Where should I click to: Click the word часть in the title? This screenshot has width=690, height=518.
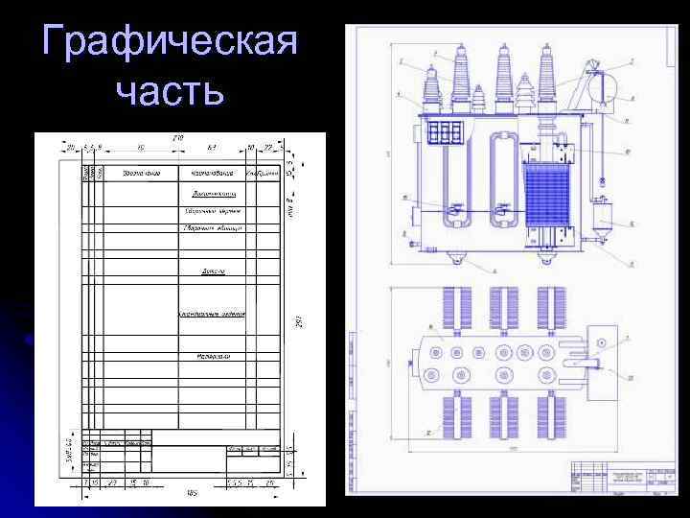click(x=170, y=92)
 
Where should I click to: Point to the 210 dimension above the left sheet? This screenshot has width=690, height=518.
click(x=177, y=137)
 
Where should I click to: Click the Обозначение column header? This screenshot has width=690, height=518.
click(x=140, y=173)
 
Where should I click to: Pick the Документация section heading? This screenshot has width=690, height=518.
click(x=213, y=192)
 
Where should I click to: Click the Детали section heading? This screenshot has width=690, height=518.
click(x=213, y=271)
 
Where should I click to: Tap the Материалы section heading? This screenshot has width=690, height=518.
click(x=213, y=356)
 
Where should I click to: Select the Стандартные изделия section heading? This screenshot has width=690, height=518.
click(x=213, y=314)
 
